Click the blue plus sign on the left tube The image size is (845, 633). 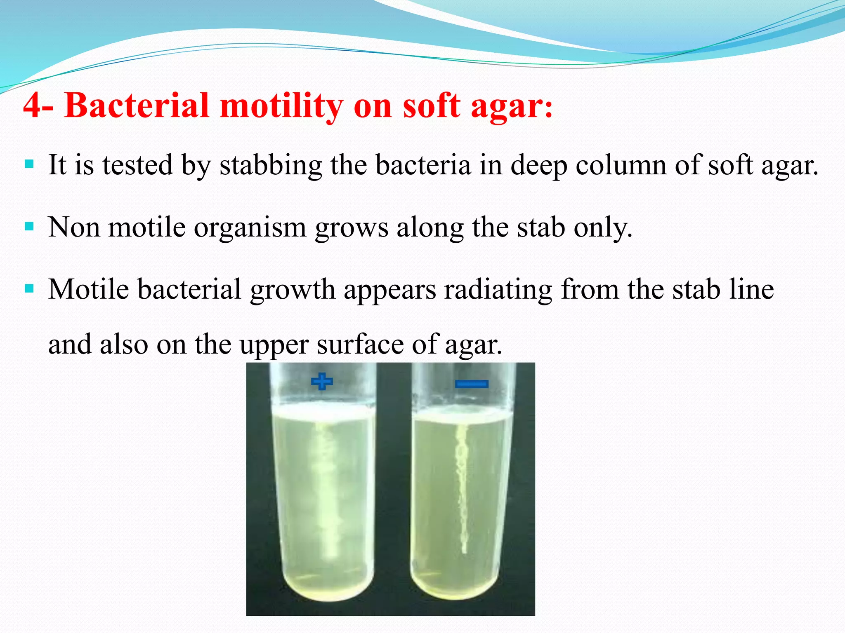pyautogui.click(x=322, y=381)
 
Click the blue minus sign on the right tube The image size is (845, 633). pyautogui.click(x=472, y=384)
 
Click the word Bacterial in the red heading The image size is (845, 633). pyautogui.click(x=137, y=105)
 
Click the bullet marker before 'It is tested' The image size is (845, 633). pyautogui.click(x=29, y=164)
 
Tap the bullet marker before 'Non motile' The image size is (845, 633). pyautogui.click(x=29, y=227)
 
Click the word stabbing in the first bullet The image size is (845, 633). pyautogui.click(x=270, y=165)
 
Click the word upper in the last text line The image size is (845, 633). pyautogui.click(x=274, y=345)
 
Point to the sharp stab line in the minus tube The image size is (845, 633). pyautogui.click(x=462, y=486)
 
